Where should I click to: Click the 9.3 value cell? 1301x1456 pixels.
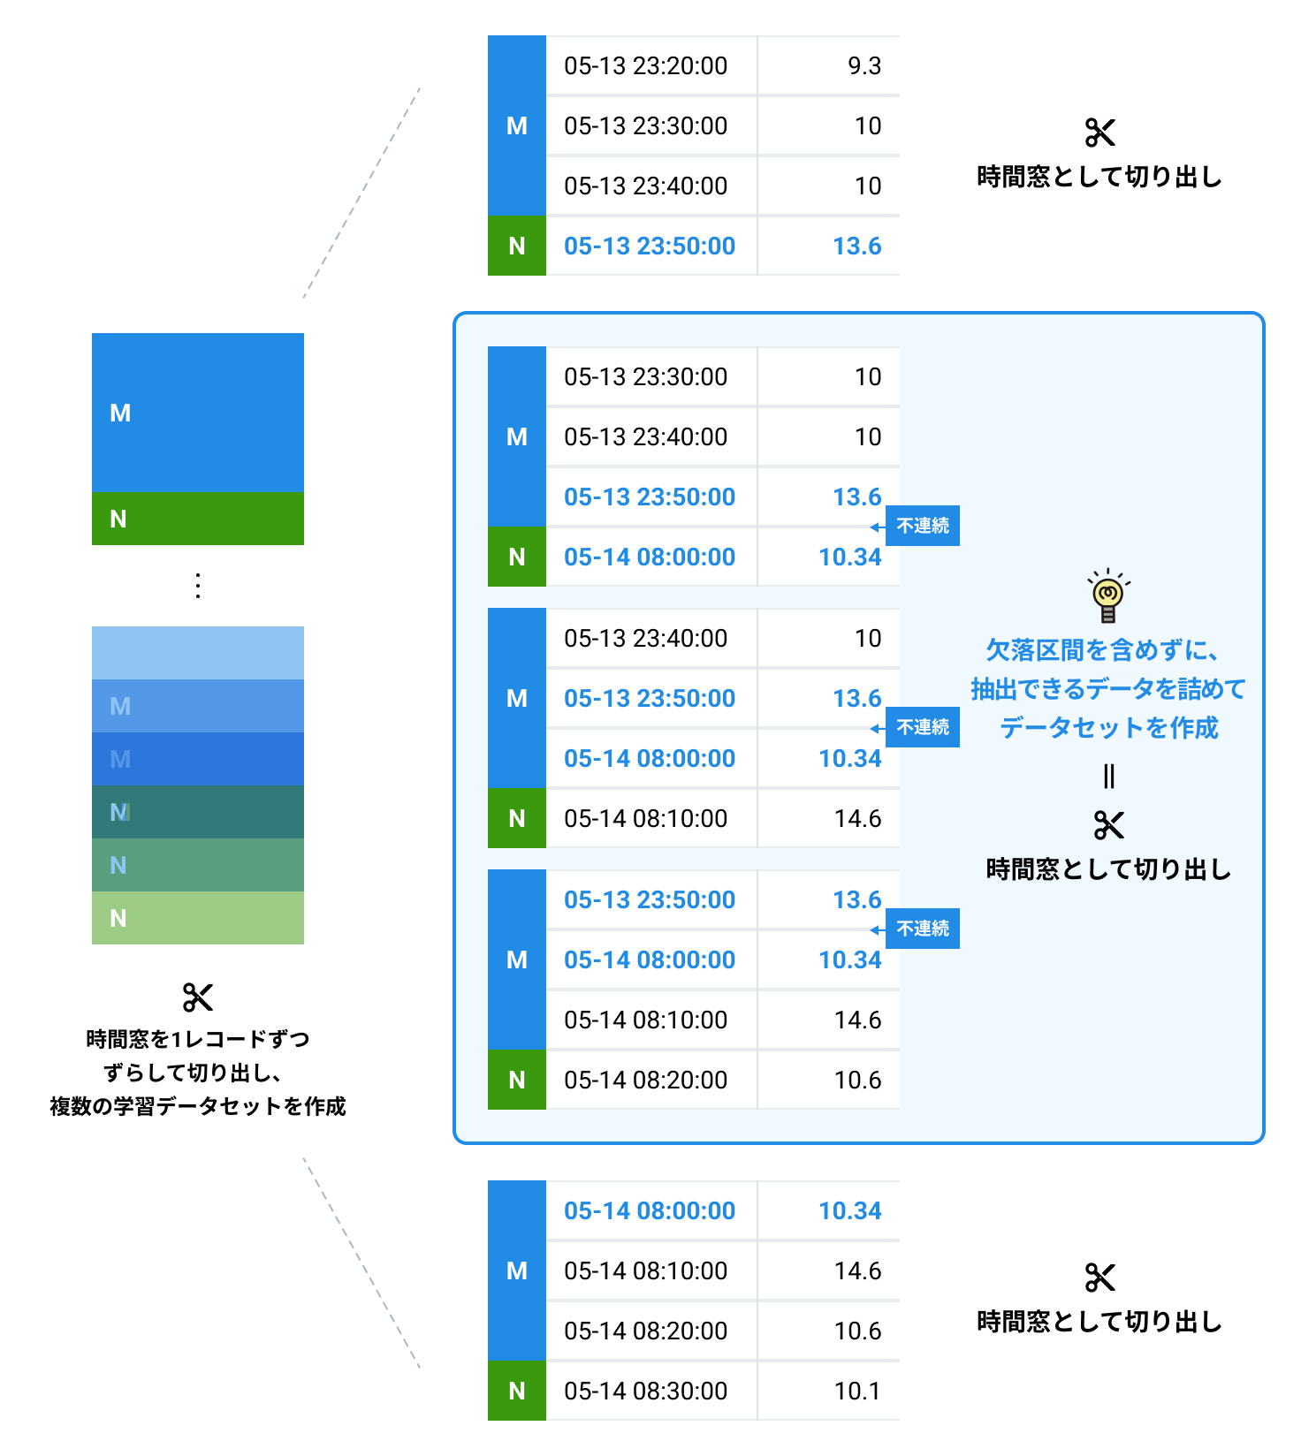864,66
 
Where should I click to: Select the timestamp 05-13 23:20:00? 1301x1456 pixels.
645,66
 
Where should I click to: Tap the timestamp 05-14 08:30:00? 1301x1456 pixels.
645,1391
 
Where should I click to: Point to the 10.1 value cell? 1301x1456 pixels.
856,1391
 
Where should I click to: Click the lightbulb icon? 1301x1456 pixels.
1108,596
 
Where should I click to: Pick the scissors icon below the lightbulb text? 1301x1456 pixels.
1108,825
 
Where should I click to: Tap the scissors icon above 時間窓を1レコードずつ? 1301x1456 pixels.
198,997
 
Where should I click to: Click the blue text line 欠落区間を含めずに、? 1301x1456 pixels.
1103,650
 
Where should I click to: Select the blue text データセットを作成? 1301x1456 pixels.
1108,728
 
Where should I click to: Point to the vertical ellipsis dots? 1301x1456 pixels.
198,586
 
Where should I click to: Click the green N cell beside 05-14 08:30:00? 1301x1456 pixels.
517,1391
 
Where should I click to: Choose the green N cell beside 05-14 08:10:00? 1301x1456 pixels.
517,818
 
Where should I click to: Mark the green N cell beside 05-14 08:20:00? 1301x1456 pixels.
517,1080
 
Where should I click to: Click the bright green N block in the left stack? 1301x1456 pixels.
198,519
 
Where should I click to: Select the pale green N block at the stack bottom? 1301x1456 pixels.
198,918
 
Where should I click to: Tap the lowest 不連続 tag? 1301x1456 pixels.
923,929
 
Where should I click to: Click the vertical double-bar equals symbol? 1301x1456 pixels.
1108,777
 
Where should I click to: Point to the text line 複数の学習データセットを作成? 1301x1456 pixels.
198,1106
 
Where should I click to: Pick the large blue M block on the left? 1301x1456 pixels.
198,413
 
